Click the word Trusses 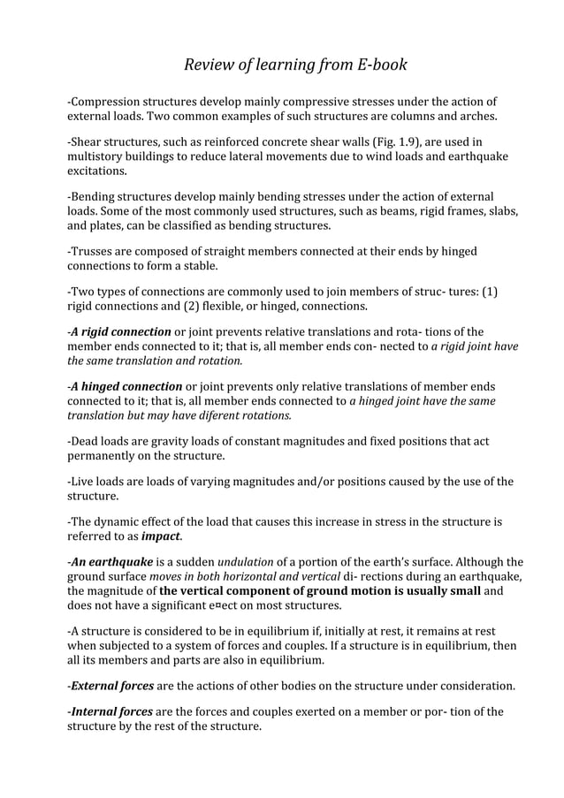pyautogui.click(x=95, y=251)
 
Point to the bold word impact pyautogui.click(x=160, y=536)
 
